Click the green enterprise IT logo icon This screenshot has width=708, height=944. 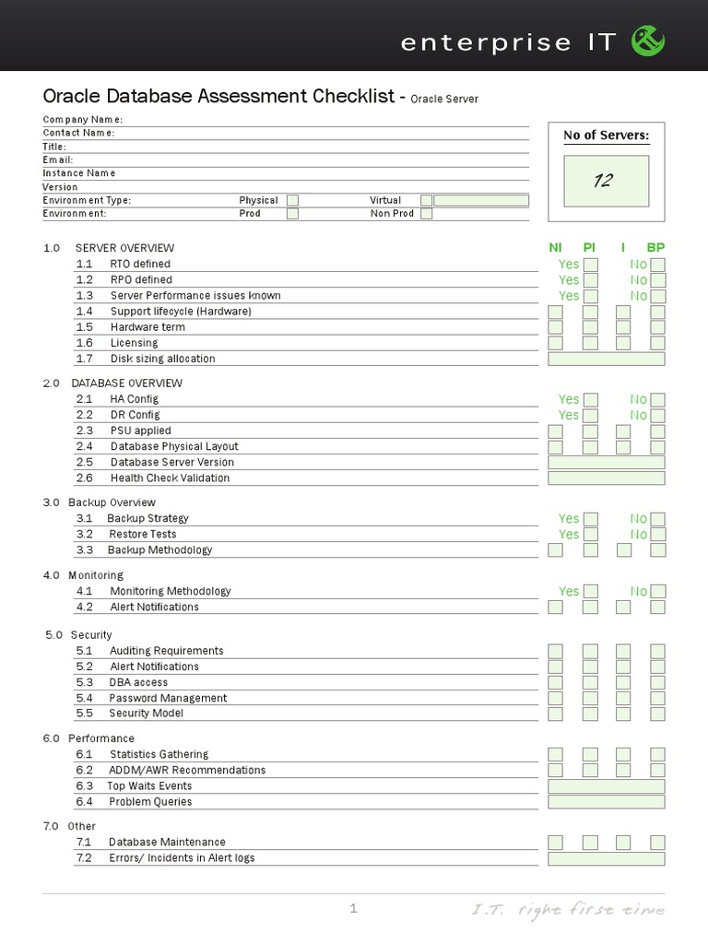point(647,41)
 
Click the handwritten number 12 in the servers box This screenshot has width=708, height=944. point(603,181)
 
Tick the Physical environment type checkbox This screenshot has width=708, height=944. point(292,200)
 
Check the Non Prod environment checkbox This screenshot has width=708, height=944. point(426,214)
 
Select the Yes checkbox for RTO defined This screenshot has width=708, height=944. point(591,265)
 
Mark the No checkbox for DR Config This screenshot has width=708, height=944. point(657,415)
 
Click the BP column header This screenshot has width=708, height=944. point(655,248)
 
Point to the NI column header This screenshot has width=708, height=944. point(555,248)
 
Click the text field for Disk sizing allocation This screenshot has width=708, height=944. point(606,359)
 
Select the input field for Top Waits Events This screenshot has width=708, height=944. point(606,786)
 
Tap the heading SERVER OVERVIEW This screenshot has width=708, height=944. point(124,248)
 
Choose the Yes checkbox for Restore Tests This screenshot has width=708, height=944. point(591,535)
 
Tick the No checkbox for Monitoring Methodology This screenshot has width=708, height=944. point(657,591)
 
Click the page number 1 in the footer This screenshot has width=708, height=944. point(353,909)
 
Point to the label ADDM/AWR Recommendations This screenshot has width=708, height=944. point(187,770)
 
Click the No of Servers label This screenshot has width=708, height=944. point(606,136)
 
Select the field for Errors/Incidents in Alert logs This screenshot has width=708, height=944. point(606,858)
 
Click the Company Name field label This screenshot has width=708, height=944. point(82,120)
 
